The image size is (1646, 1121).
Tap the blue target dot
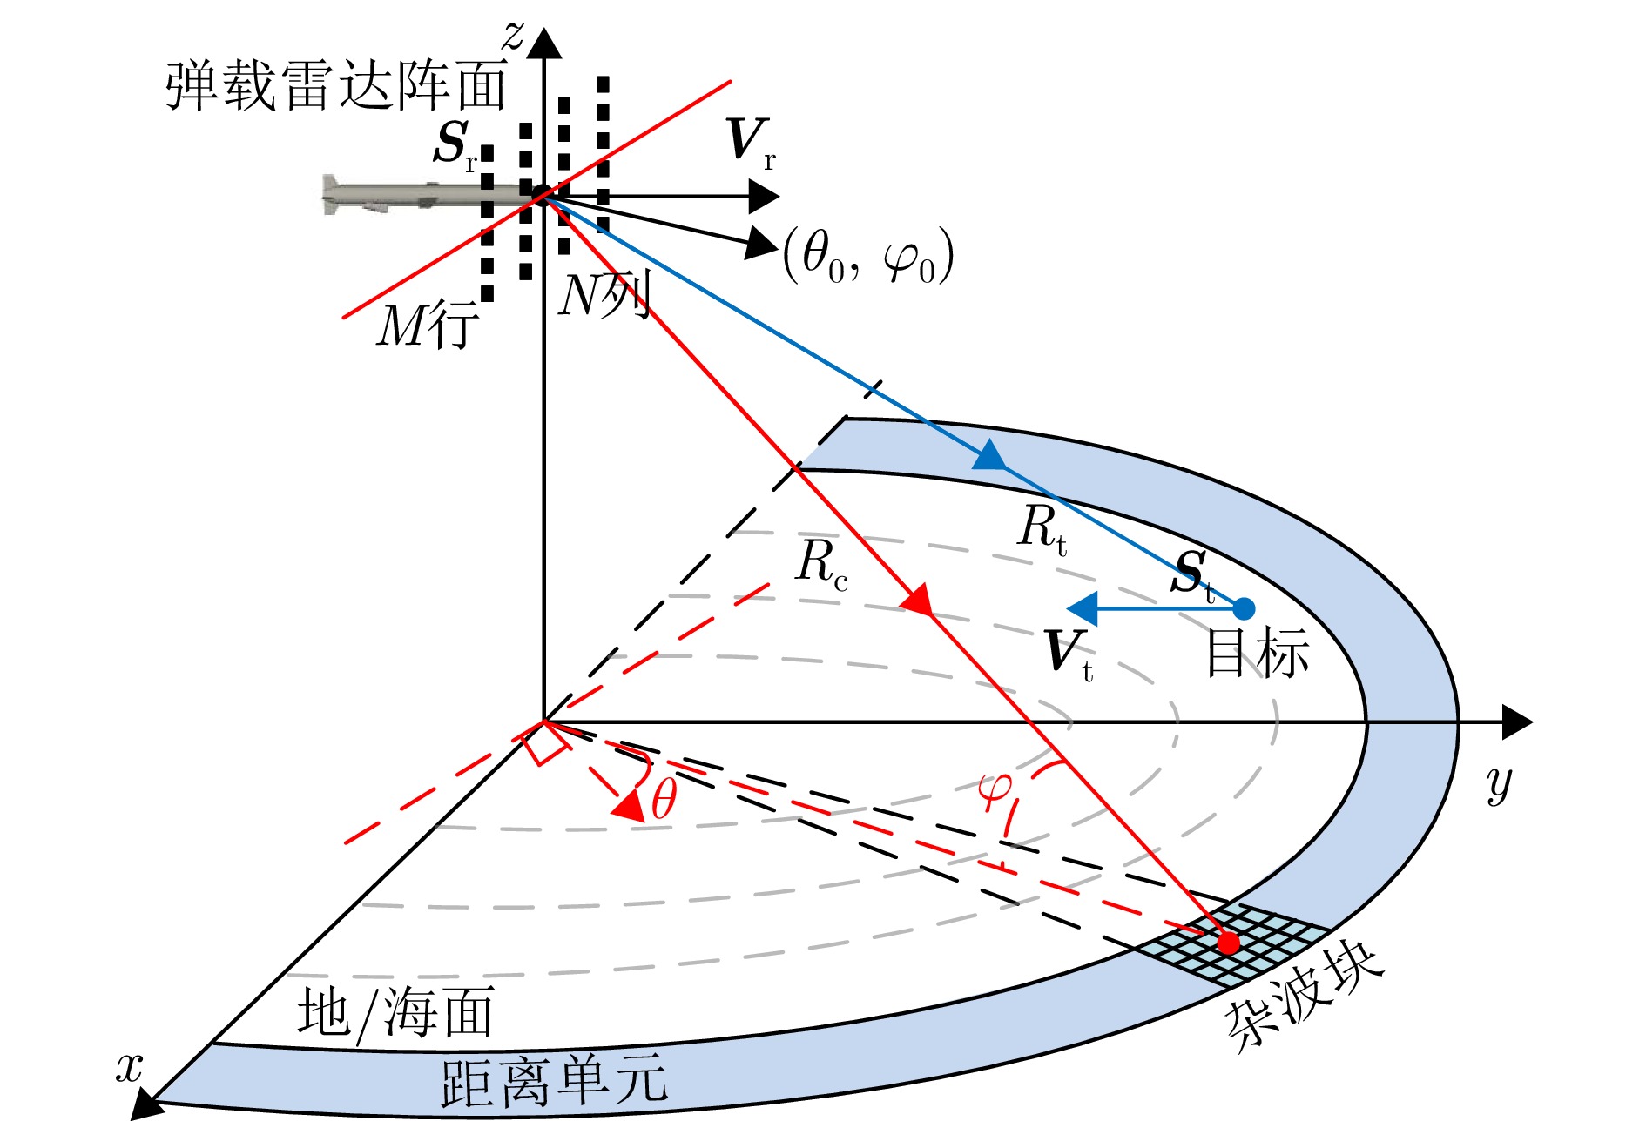click(x=1245, y=608)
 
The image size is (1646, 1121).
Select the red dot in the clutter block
click(x=1228, y=943)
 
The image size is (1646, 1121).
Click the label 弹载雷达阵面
click(x=336, y=86)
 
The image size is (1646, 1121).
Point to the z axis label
click(x=514, y=35)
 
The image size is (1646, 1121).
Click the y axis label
click(x=1499, y=784)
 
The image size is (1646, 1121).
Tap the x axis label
click(x=129, y=1067)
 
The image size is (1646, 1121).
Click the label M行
click(x=427, y=326)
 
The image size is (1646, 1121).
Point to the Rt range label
click(x=1042, y=527)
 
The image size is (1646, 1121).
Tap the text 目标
click(x=1258, y=653)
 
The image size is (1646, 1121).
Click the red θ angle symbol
click(x=664, y=799)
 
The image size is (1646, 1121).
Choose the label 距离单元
click(x=554, y=1082)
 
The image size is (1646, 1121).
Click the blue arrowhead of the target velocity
click(x=1083, y=608)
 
